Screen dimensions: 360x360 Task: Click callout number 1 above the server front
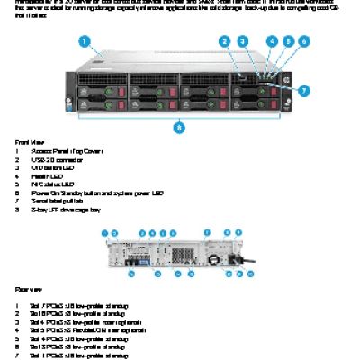coord(85,40)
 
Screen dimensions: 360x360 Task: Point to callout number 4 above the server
coord(273,41)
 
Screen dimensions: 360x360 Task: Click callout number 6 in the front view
coord(303,41)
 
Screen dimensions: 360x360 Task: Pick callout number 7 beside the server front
coord(303,91)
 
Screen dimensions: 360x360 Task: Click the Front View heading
coord(28,142)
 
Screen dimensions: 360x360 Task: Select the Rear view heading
coord(28,289)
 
